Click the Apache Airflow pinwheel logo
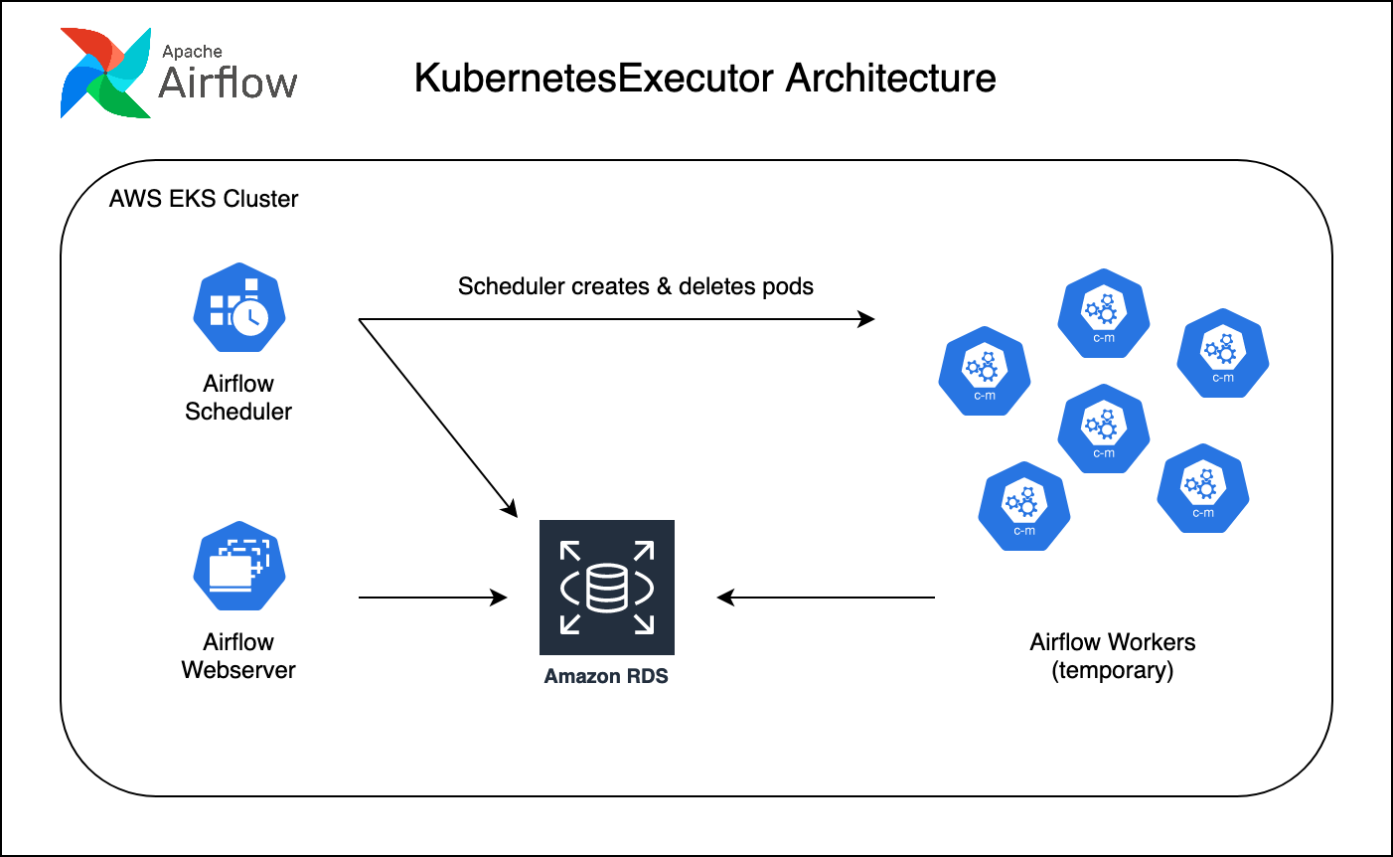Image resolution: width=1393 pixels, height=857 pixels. (105, 74)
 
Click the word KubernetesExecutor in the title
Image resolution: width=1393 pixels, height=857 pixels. (595, 79)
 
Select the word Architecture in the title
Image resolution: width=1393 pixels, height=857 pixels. (890, 79)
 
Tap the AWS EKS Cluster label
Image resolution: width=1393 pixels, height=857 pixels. (204, 199)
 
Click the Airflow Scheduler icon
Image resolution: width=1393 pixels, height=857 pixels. (239, 307)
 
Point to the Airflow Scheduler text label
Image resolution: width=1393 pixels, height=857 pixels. (238, 398)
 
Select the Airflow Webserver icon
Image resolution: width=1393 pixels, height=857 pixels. (239, 566)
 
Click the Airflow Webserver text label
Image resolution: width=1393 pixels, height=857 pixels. (238, 656)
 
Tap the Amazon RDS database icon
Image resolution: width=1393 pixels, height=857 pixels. (607, 587)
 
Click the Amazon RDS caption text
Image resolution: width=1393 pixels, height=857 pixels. (606, 677)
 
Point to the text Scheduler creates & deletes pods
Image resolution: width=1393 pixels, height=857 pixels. (636, 286)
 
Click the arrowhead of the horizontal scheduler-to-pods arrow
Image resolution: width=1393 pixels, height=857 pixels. (866, 319)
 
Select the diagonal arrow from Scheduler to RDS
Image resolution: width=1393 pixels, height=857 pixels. (437, 418)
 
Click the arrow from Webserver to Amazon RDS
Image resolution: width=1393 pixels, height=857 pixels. (432, 598)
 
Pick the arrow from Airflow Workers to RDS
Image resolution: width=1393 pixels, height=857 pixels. (825, 598)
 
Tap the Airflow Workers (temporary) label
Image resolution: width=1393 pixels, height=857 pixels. (1113, 656)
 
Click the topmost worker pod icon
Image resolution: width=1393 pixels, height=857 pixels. (1104, 314)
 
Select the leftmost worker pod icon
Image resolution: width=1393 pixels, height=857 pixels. (985, 372)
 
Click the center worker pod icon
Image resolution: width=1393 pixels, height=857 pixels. (1104, 429)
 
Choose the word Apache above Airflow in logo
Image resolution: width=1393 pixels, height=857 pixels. (192, 52)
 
